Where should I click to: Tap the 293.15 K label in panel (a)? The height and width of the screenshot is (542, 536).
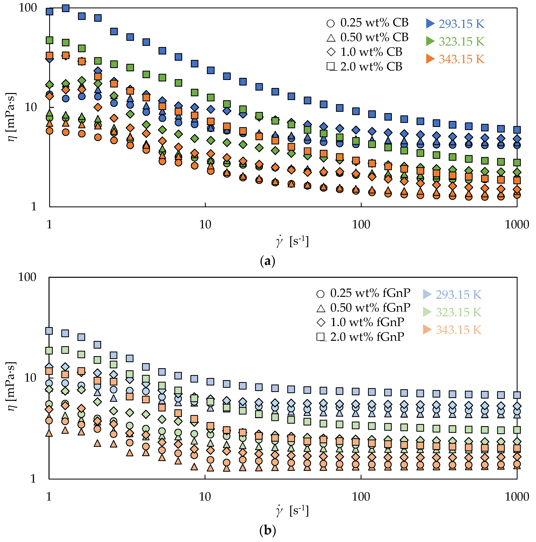tap(461, 24)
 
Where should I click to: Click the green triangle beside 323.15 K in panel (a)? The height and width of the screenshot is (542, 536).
tap(430, 41)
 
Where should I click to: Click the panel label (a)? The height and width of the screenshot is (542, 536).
tap(268, 261)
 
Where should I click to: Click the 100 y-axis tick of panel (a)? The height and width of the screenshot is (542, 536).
tap(27, 8)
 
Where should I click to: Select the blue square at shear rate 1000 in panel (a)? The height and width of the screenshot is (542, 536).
tap(517, 130)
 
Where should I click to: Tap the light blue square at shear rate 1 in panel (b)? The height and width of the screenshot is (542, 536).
tap(49, 331)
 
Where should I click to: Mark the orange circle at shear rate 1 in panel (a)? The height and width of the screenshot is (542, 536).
tap(50, 131)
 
